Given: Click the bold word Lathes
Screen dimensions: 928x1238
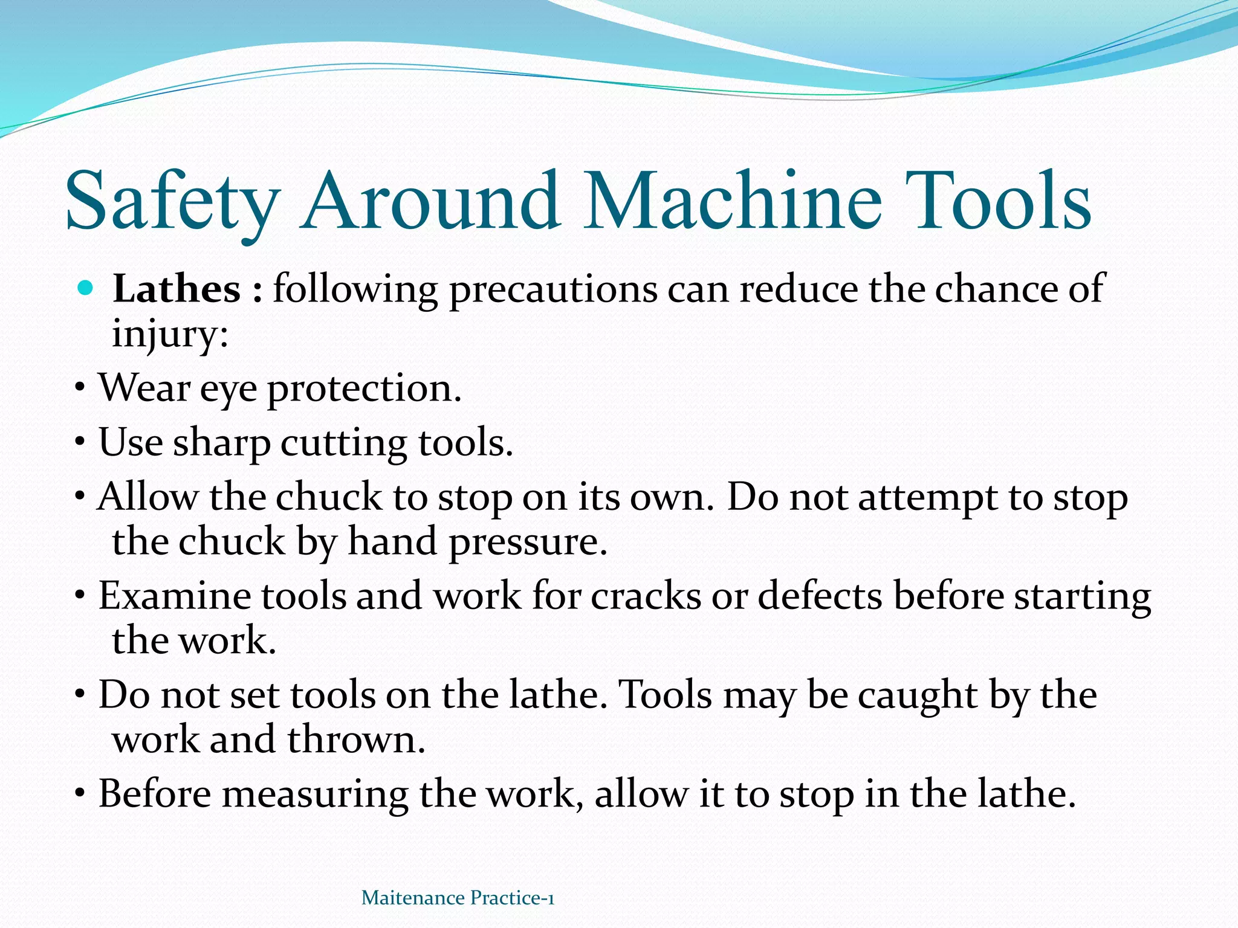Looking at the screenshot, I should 177,289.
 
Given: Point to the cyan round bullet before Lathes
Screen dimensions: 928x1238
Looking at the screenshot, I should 86,288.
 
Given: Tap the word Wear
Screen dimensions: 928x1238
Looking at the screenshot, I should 145,388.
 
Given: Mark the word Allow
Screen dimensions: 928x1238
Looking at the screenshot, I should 148,498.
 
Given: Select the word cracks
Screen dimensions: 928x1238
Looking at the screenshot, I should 646,596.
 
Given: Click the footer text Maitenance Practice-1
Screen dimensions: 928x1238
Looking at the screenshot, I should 458,898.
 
